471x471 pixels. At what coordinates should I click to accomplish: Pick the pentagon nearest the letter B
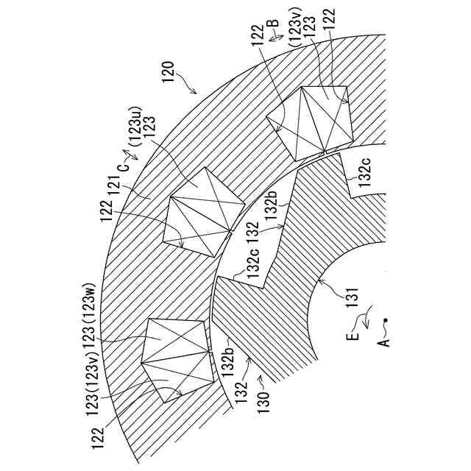(x=309, y=122)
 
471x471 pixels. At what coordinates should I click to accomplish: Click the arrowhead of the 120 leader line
(x=196, y=93)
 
